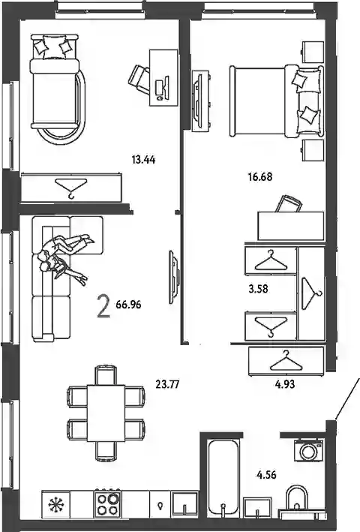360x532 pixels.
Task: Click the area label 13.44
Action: pyautogui.click(x=143, y=160)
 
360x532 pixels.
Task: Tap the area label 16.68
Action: pyautogui.click(x=260, y=177)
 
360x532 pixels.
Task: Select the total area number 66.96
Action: pyautogui.click(x=128, y=305)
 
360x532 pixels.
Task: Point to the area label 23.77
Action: pyautogui.click(x=167, y=384)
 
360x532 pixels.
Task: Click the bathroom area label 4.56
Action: pyautogui.click(x=266, y=475)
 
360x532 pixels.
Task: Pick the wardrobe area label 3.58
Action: pyautogui.click(x=258, y=289)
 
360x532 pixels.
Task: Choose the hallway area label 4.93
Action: pyautogui.click(x=285, y=384)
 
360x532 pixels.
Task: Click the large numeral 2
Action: pyautogui.click(x=103, y=305)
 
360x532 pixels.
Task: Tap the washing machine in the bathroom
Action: pyautogui.click(x=308, y=450)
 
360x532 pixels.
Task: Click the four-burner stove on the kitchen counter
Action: pyautogui.click(x=108, y=503)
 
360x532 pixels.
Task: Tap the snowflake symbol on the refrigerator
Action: pyautogui.click(x=56, y=504)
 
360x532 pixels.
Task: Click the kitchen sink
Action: pyautogui.click(x=184, y=504)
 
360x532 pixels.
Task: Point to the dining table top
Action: pyautogui.click(x=106, y=413)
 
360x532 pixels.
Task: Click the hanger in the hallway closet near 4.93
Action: pyautogui.click(x=286, y=362)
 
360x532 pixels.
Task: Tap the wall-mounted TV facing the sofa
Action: pyautogui.click(x=173, y=277)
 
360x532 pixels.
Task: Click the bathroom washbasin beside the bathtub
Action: pyautogui.click(x=257, y=508)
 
